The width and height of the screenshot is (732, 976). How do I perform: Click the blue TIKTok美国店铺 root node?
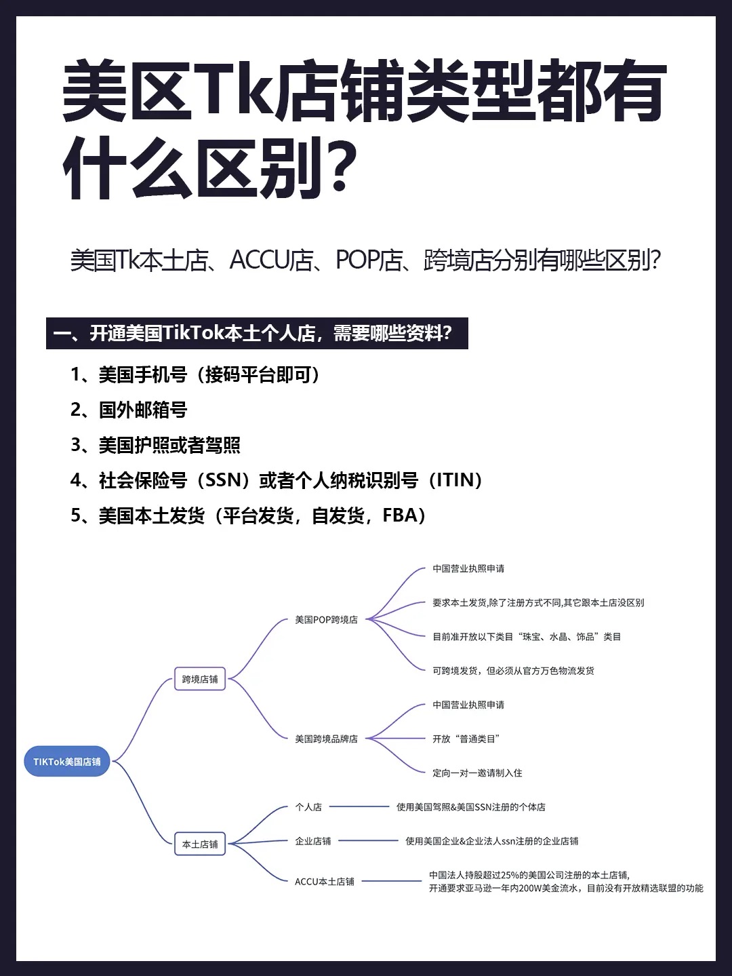coord(66,762)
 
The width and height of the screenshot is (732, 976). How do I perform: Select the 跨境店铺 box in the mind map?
coord(200,679)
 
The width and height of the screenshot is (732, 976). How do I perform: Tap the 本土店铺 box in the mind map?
coord(200,844)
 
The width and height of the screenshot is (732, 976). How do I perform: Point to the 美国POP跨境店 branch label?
coord(326,620)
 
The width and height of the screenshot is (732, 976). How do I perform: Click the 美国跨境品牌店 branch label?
coord(326,739)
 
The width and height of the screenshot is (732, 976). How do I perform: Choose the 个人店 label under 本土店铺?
coord(308,807)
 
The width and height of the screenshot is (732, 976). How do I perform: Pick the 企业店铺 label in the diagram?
coord(312,841)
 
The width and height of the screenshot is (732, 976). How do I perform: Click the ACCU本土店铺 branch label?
coord(324,882)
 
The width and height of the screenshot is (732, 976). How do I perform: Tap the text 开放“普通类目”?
coord(466,739)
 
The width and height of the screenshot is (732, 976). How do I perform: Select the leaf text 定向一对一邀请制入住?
coord(477,773)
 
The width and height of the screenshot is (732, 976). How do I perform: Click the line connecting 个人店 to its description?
coord(359,806)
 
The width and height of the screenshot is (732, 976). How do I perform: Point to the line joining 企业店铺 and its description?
coord(368,840)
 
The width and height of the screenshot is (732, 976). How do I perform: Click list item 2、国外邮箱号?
coord(129,410)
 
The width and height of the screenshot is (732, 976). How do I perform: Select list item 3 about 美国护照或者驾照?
coord(155,445)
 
